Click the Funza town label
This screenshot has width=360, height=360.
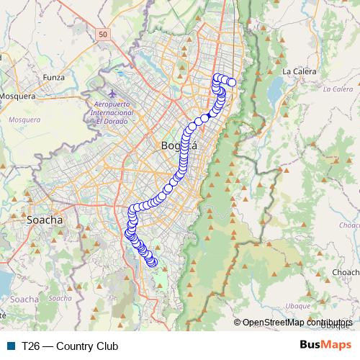[54, 77]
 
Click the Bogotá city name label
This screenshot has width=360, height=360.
[178, 146]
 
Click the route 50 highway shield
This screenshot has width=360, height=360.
[104, 34]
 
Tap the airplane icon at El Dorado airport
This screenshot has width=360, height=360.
[112, 94]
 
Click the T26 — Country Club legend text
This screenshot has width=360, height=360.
[70, 346]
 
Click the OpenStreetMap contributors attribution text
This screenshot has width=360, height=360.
[296, 323]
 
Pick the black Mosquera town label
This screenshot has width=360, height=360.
[21, 95]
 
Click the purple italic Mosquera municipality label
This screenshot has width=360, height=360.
[25, 120]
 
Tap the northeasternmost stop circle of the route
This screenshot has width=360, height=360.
[232, 82]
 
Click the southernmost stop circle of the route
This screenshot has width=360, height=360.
[153, 263]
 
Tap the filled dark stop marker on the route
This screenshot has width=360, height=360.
[204, 117]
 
